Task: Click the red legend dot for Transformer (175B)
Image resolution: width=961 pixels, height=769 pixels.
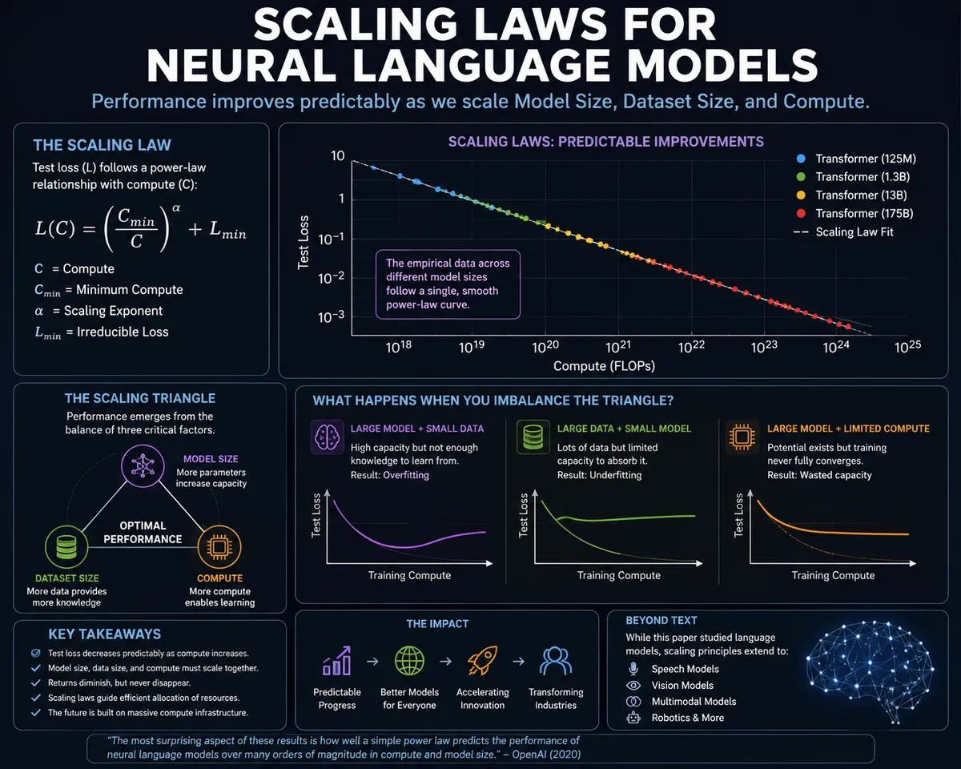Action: coord(801,214)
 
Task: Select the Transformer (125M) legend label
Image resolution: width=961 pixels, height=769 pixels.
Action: coord(866,159)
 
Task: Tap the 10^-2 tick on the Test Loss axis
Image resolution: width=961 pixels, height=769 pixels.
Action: coord(331,278)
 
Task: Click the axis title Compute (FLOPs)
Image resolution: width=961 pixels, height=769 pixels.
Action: coord(604,366)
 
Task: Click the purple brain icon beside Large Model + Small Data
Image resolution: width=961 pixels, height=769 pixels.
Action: coord(327,437)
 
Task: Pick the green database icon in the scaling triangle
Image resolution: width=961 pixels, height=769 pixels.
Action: coord(66,547)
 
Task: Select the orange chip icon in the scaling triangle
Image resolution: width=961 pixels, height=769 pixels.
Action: coord(219,546)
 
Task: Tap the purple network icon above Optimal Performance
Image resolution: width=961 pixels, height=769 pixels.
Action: coord(143,466)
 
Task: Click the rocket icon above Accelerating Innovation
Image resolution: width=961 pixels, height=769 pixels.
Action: coord(482,660)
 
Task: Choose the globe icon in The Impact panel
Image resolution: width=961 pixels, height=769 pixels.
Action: coord(409,660)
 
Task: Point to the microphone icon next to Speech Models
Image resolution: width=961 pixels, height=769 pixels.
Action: coord(633,669)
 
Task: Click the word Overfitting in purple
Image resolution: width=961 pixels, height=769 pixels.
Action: coord(406,475)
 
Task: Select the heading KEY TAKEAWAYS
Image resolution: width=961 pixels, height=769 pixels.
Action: coord(104,634)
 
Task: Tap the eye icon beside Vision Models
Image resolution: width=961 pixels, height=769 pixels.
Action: coord(633,686)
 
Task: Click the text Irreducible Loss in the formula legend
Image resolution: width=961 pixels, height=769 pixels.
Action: coord(123,332)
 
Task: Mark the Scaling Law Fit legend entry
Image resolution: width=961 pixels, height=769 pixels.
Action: coord(843,232)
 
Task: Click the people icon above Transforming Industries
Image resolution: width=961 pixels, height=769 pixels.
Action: coord(556,660)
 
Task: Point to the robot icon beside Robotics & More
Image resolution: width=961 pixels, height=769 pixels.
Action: coord(633,718)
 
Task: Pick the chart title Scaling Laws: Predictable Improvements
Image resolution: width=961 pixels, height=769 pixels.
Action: coord(606,142)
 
